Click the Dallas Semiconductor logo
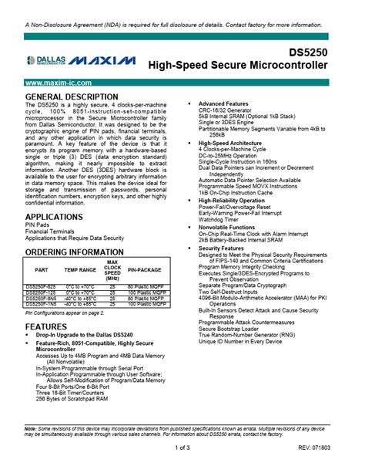click(47, 60)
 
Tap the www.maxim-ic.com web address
click(59, 82)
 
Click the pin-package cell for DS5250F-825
click(145, 286)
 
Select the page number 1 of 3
click(182, 448)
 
